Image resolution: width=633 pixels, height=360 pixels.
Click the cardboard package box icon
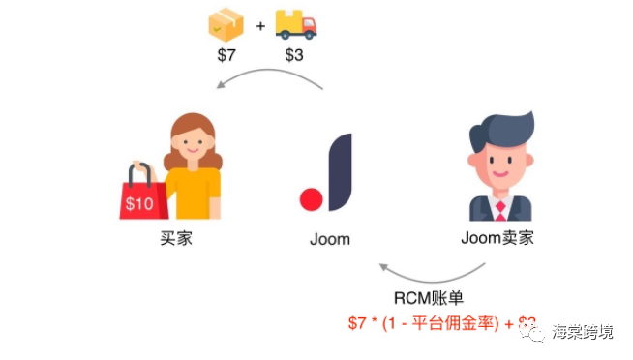tap(226, 23)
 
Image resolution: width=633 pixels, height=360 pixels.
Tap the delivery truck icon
tap(295, 23)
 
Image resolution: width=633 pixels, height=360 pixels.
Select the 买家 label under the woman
tap(176, 238)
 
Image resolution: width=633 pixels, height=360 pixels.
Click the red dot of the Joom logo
tap(311, 200)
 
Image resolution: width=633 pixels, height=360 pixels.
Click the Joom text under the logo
tap(330, 239)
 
